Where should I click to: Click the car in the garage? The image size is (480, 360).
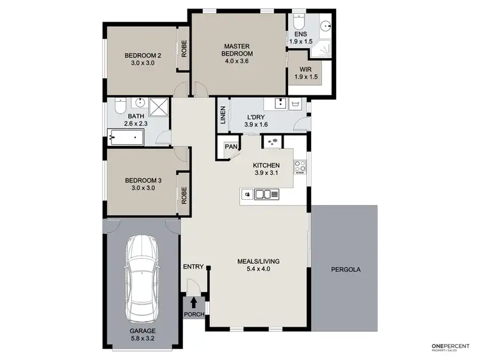tap(142, 279)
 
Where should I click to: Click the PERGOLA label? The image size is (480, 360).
tap(346, 270)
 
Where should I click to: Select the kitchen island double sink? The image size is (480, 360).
tap(262, 194)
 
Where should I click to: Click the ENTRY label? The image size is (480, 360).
tap(193, 266)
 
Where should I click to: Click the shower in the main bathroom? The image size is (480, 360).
tap(159, 106)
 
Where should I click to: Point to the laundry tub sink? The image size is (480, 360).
tap(296, 104)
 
